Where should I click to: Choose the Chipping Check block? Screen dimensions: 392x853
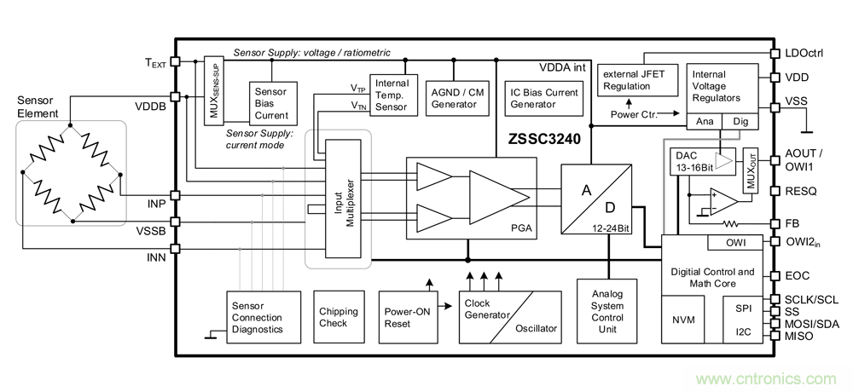click(x=338, y=317)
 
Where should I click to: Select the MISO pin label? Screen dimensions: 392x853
click(x=798, y=337)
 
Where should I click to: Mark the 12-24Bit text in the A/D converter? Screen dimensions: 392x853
click(x=608, y=228)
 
